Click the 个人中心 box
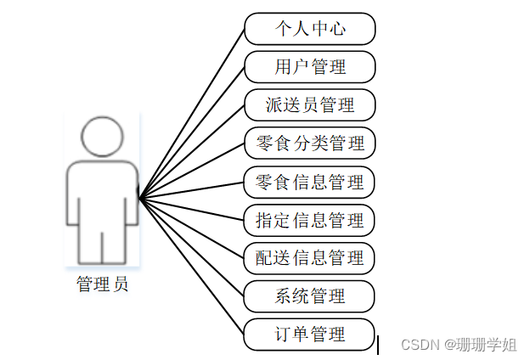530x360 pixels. point(310,29)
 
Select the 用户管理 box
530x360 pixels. point(310,67)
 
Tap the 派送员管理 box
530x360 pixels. point(310,105)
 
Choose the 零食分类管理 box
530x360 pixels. point(310,143)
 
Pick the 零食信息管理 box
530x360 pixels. point(310,182)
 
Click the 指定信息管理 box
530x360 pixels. point(310,220)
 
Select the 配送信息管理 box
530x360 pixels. point(310,257)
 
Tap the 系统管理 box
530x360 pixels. point(310,295)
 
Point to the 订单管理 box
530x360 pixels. point(310,334)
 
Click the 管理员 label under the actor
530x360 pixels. point(103,285)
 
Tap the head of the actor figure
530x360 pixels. point(102,136)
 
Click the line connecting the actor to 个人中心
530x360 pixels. point(192,115)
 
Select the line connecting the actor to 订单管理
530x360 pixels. point(192,267)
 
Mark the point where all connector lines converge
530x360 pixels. point(139,199)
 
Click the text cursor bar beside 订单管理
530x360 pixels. point(378,344)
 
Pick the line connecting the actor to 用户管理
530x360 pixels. point(192,133)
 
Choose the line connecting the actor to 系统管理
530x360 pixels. point(192,247)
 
